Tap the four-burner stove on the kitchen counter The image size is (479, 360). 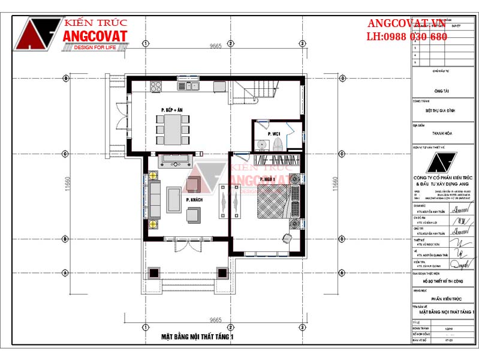coord(156,87)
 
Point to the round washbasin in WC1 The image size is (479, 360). coord(261,145)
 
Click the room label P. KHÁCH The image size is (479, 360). coord(194,199)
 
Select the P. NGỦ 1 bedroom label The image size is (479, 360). coord(267,179)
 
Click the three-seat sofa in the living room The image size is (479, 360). coord(155,200)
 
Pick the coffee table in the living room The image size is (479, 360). coord(174,199)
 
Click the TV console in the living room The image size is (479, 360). coord(175,160)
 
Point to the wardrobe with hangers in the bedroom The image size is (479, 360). coord(277,160)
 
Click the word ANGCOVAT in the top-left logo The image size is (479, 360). coord(95,37)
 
